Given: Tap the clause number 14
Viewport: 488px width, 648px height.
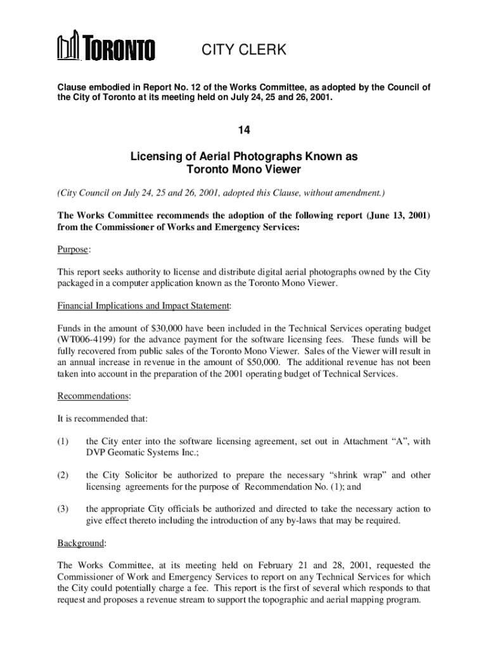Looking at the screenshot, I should (244, 130).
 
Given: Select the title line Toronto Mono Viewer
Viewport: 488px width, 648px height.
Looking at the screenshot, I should (244, 169).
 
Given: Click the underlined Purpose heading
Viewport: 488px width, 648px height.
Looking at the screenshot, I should (73, 250).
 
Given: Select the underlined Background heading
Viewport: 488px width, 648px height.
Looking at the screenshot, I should (82, 543).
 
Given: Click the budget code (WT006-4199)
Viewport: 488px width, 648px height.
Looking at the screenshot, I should (89, 340).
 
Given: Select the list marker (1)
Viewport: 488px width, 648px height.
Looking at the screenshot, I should (63, 441).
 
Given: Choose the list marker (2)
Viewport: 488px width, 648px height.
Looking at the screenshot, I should (63, 475).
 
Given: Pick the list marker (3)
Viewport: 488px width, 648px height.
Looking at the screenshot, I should (63, 509).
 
